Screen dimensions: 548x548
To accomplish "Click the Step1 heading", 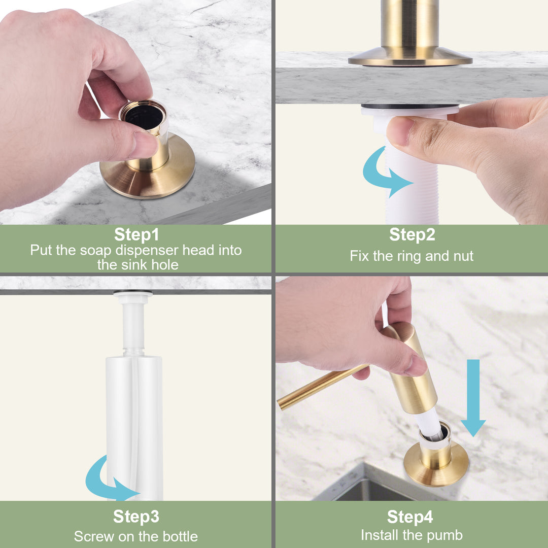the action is [x=136, y=234].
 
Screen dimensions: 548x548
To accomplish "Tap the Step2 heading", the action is [x=412, y=234].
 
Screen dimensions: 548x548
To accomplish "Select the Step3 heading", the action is [x=136, y=517].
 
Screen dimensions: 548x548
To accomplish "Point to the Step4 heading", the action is [x=410, y=517].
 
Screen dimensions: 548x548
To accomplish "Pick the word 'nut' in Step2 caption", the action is [x=463, y=256].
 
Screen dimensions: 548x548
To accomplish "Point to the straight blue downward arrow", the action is [x=473, y=398].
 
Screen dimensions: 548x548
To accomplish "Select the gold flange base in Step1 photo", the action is [x=148, y=172].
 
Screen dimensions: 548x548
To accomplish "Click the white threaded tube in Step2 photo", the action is [x=413, y=175].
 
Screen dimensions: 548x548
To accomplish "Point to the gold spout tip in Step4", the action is [x=280, y=405].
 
